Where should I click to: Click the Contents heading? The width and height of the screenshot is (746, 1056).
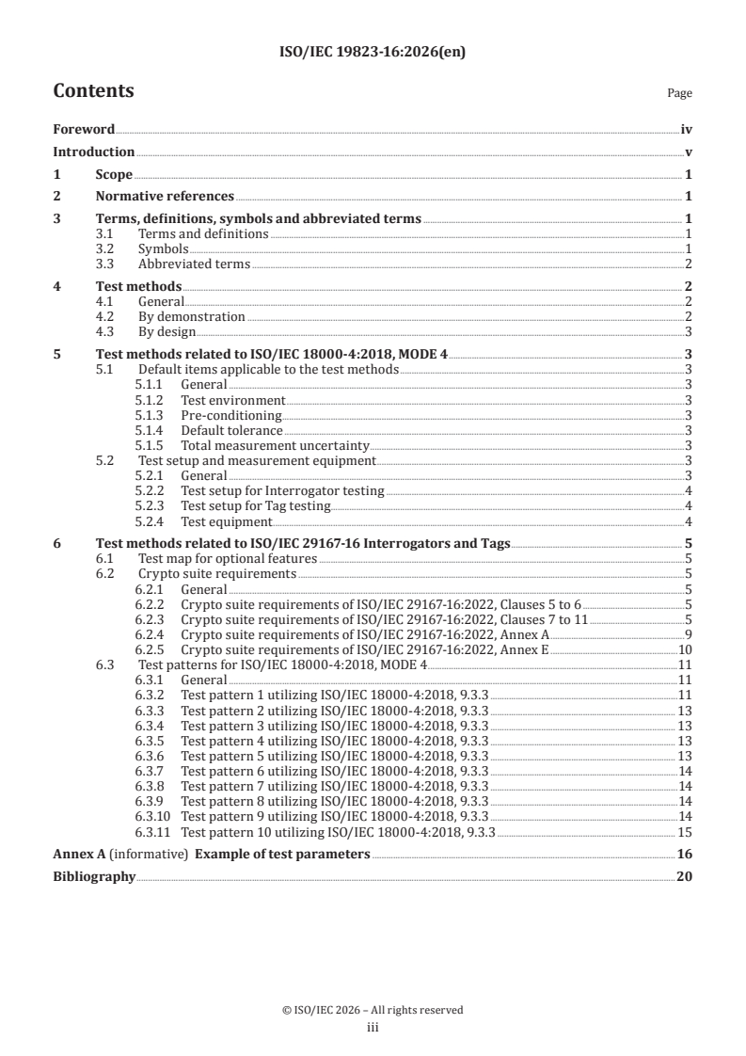tap(93, 91)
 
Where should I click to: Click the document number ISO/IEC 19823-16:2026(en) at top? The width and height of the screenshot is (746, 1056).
tap(373, 53)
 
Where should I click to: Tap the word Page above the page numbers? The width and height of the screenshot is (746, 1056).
tap(679, 93)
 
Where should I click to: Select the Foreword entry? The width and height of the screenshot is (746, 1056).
tap(84, 130)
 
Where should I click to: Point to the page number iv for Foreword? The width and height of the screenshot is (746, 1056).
tap(687, 130)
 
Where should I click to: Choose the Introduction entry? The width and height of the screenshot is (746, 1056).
tap(93, 152)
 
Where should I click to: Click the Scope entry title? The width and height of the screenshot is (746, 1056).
tap(114, 174)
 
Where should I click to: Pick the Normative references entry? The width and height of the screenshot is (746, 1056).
tap(165, 197)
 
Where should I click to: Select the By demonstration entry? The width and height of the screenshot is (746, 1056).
tap(192, 316)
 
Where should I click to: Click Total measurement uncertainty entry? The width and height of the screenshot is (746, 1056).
tap(275, 445)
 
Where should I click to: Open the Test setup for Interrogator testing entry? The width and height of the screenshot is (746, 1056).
tap(282, 490)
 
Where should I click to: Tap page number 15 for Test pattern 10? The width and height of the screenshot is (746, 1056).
tap(686, 832)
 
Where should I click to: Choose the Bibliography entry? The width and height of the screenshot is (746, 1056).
tap(93, 877)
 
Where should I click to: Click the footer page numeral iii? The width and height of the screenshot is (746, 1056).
tap(373, 1028)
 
